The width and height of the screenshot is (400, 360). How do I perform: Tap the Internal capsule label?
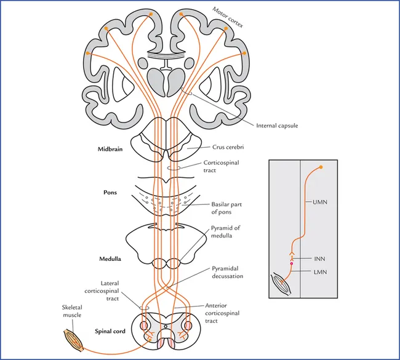click(x=276, y=126)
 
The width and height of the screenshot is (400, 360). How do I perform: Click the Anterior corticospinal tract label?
click(x=223, y=313)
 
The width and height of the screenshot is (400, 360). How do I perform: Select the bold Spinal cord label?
click(x=110, y=332)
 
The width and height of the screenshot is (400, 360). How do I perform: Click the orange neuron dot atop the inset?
click(x=320, y=167)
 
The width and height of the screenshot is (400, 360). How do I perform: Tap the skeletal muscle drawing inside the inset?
click(x=284, y=284)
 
